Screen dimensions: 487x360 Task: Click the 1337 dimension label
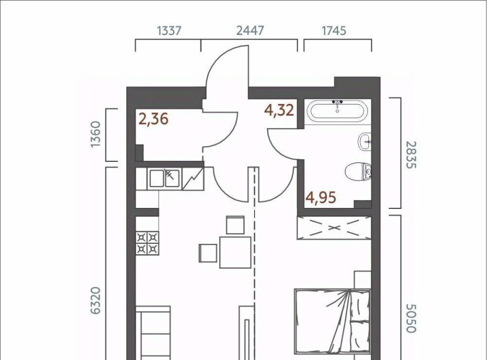(x=169, y=31)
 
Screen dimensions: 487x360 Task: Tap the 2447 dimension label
(x=250, y=31)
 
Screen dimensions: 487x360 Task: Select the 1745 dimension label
(x=334, y=31)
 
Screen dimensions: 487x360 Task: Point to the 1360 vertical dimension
(x=96, y=134)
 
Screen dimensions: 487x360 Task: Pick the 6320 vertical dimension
(x=96, y=301)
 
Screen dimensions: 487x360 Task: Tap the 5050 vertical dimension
(x=411, y=318)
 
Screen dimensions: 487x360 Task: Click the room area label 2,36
(x=153, y=119)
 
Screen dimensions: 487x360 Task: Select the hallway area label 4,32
(x=279, y=110)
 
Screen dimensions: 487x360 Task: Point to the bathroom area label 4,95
(x=321, y=197)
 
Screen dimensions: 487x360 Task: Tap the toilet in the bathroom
(x=358, y=171)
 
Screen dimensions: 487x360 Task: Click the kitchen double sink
(x=164, y=178)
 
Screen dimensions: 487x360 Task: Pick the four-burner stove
(x=147, y=243)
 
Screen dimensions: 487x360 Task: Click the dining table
(x=235, y=252)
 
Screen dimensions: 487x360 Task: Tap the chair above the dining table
(x=235, y=225)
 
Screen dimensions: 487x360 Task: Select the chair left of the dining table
(x=208, y=253)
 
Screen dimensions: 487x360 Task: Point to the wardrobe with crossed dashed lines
(x=334, y=228)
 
